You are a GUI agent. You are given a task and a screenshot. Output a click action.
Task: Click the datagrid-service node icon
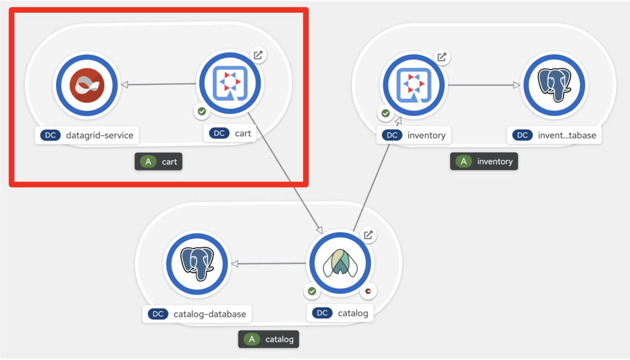88,85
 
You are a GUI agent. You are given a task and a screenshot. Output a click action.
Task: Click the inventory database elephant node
553,85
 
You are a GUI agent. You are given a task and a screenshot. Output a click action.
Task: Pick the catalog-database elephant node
196,263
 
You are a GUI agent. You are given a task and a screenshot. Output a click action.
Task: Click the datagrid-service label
99,135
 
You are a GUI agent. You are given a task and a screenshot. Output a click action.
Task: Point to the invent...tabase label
566,135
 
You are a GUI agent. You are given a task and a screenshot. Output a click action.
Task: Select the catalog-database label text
209,314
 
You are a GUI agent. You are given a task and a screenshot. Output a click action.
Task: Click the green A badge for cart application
148,162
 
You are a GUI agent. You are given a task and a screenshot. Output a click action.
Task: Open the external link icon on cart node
258,55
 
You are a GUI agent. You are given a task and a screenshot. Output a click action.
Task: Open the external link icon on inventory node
442,57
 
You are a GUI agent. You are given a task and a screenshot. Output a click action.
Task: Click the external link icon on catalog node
369,235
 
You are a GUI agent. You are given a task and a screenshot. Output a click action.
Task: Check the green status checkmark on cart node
201,111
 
